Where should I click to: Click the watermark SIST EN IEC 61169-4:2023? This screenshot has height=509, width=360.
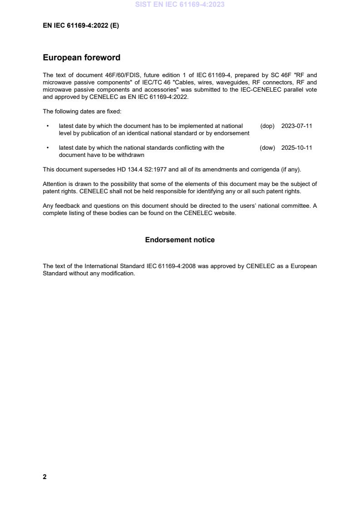[x=180, y=5]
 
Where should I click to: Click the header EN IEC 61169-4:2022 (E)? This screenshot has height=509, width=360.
[x=81, y=26]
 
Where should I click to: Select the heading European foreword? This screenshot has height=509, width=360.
[x=81, y=58]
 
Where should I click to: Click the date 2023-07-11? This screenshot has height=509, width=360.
[x=296, y=126]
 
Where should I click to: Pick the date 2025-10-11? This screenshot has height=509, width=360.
[x=296, y=148]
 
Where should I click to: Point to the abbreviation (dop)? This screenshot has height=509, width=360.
[x=267, y=126]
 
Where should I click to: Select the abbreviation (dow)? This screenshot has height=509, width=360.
[x=267, y=148]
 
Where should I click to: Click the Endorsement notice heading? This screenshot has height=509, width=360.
[x=180, y=240]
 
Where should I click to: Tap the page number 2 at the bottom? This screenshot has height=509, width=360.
[x=44, y=477]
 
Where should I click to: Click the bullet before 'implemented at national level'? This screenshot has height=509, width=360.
[x=48, y=126]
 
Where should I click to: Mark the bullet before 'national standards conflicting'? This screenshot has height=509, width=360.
[x=48, y=148]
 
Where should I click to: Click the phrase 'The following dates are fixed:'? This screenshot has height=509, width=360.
[x=82, y=112]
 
